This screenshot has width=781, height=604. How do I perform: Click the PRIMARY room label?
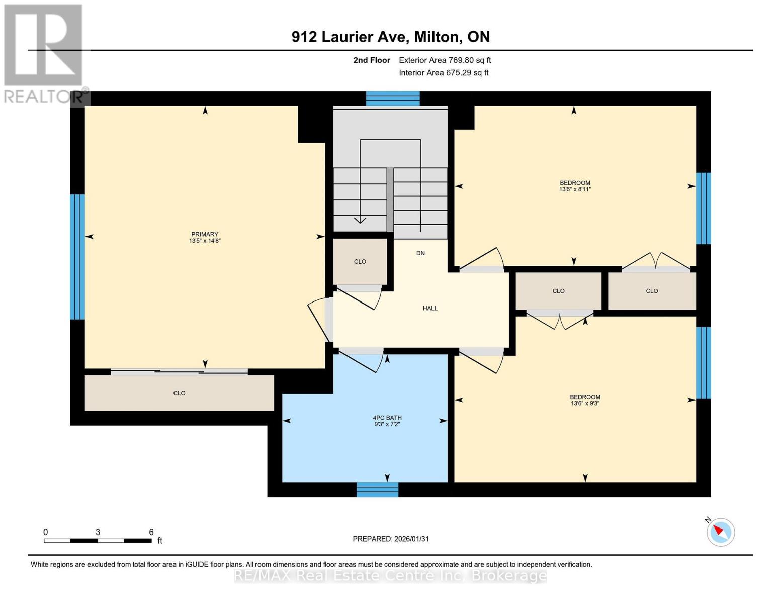tap(205, 234)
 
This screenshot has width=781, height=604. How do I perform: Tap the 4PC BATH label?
tap(387, 418)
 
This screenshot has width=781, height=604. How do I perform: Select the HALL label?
tap(430, 308)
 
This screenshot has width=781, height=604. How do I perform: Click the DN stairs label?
tap(420, 253)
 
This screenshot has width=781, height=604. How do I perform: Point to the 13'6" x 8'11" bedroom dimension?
tap(575, 189)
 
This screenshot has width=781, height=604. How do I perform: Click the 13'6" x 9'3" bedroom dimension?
tap(585, 403)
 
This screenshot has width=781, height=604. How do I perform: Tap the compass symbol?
tap(720, 532)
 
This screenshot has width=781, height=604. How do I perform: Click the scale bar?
tap(98, 540)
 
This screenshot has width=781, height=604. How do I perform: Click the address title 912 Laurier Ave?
tap(390, 37)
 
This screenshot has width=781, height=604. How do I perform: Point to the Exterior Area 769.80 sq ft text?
tap(445, 60)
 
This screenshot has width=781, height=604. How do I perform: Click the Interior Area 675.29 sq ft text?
tap(444, 73)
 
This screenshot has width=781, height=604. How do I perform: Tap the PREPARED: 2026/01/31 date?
tap(390, 539)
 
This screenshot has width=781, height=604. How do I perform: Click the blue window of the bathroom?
tap(377, 489)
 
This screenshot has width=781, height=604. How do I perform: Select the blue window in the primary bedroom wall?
tap(77, 257)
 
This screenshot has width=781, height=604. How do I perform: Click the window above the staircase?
tap(392, 98)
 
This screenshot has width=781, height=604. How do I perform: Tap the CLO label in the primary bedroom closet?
tap(179, 393)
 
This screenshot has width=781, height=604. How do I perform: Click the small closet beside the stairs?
tap(360, 261)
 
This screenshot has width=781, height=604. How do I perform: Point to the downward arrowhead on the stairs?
tap(360, 220)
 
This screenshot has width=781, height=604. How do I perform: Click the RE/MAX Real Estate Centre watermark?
tap(390, 575)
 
